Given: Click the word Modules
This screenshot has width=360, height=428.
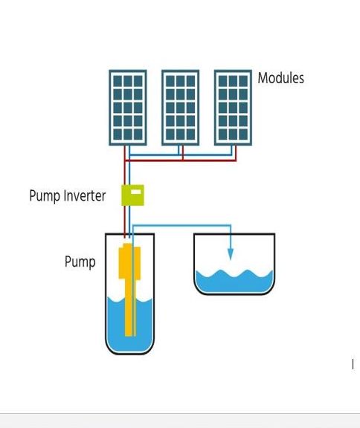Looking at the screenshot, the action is tap(281, 78).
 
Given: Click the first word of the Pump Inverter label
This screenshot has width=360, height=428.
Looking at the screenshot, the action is tap(45, 196).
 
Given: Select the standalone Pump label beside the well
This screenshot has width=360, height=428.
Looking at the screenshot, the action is tap(80, 262).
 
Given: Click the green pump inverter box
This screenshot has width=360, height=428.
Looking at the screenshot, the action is tap(132, 195).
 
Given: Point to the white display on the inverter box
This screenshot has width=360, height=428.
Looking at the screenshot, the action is tap(136, 192).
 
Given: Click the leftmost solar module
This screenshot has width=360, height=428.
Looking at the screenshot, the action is tap(128, 108).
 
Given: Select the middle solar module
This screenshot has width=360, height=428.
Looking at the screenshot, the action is tap(180, 108).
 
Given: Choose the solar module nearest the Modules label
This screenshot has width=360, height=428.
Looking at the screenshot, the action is tap(233, 108).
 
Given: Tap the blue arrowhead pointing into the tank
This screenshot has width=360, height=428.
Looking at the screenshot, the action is tap(231, 254).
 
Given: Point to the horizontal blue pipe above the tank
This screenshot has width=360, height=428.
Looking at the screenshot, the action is tap(181, 225).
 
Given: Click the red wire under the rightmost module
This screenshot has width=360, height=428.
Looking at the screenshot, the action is tap(236, 153).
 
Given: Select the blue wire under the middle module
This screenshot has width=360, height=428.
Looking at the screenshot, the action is tap(179, 150).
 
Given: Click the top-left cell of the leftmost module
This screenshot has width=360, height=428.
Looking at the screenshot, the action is tap(118, 81).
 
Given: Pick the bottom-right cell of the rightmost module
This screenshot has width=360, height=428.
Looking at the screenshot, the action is tap(243, 134).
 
